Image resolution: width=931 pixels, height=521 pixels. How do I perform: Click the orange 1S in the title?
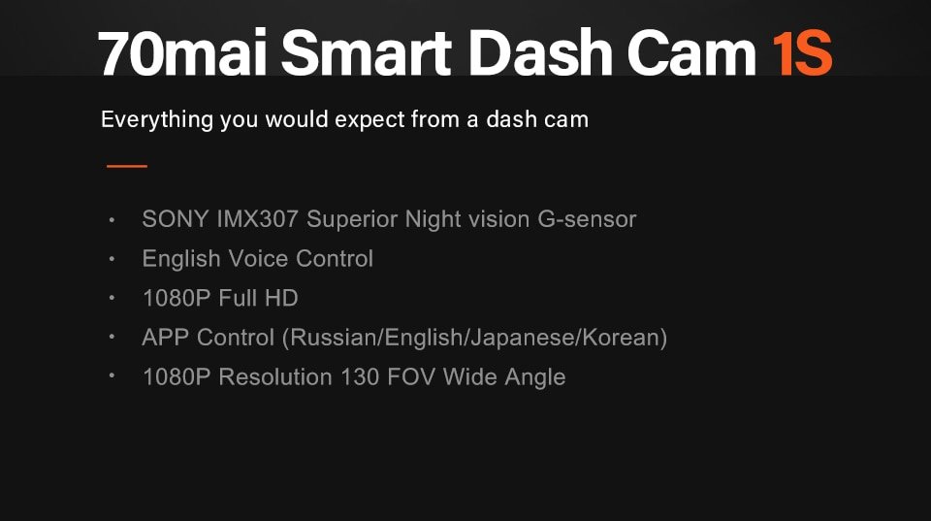point(802,53)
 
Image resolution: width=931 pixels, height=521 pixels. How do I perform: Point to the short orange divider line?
point(127,166)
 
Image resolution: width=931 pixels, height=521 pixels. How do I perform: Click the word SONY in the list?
point(173,219)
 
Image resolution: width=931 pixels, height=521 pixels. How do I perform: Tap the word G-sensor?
point(586,219)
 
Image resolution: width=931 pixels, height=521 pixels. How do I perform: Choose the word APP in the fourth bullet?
point(166,338)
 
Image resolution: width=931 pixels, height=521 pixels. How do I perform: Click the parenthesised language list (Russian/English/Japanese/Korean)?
point(474,338)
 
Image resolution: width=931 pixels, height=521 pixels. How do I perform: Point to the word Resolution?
point(275,376)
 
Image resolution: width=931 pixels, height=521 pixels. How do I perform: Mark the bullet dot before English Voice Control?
point(113,259)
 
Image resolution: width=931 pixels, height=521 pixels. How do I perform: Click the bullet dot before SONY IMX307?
point(113,219)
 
